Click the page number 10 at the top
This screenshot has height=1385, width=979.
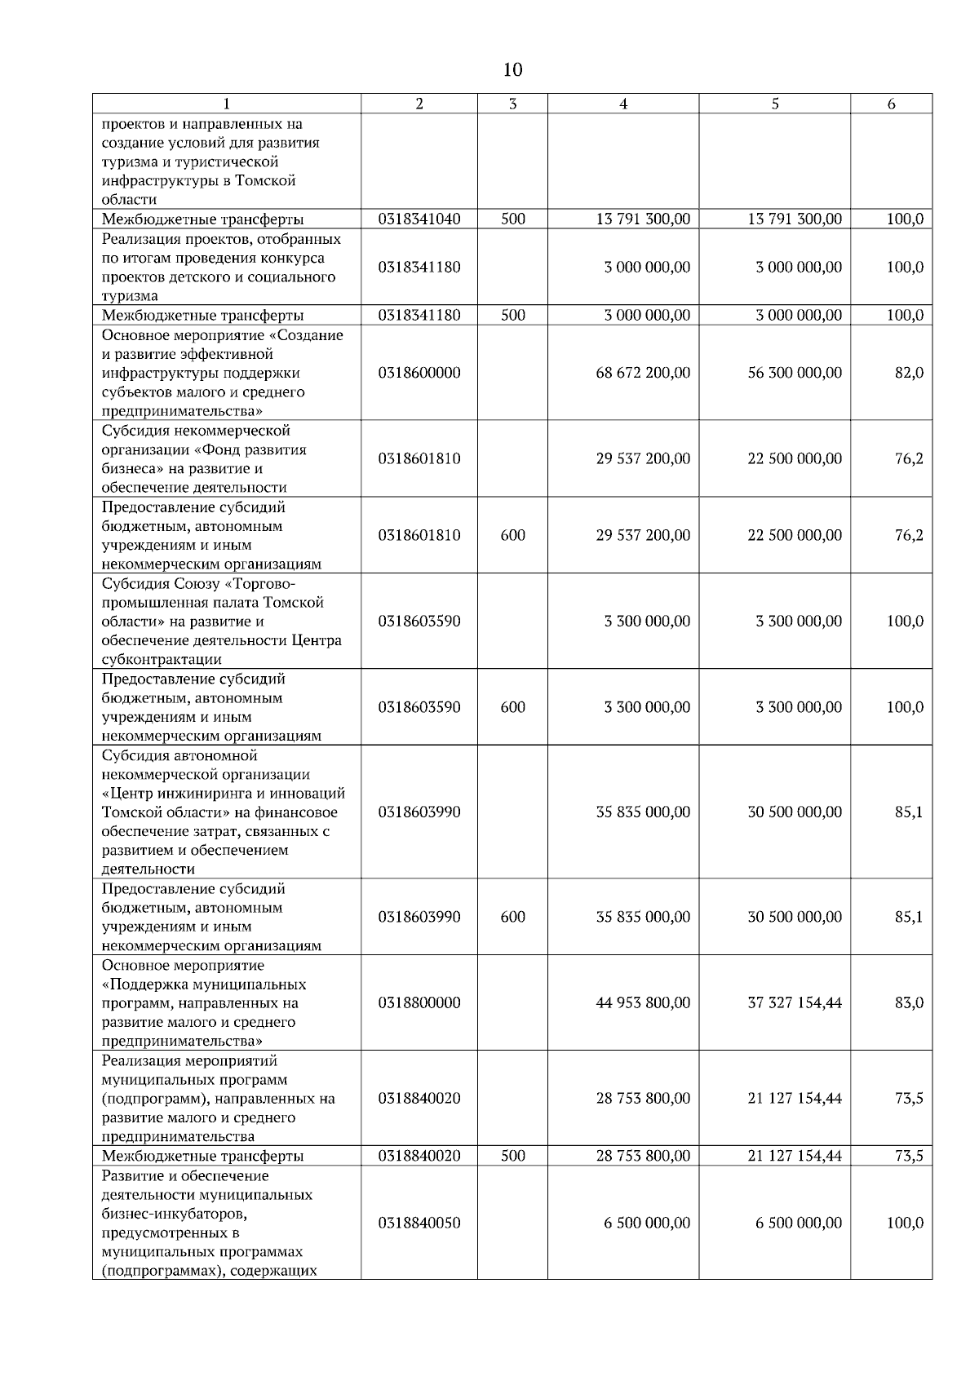512,70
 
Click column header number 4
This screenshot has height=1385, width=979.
623,104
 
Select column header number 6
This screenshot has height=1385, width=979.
891,104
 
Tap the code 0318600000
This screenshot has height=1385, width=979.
419,373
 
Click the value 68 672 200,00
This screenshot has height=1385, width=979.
643,373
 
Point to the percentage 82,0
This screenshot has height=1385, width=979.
909,373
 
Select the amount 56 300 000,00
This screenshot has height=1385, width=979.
795,373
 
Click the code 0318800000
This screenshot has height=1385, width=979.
419,1002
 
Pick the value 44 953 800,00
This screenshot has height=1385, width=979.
643,1002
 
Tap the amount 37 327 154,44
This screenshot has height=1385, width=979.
795,1002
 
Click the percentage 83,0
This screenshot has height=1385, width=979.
909,1002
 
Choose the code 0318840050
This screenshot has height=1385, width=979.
419,1223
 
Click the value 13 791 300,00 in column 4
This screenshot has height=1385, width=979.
643,219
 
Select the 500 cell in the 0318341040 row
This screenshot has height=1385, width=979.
512,219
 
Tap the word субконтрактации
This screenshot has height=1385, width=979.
162,659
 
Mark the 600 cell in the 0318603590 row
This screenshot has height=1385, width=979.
512,707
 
